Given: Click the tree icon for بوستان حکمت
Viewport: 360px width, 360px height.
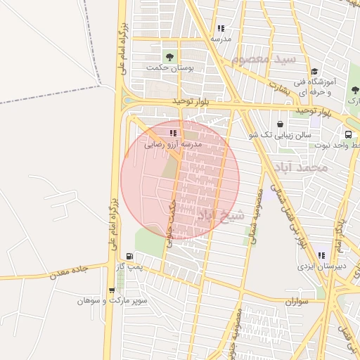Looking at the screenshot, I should coord(169,56).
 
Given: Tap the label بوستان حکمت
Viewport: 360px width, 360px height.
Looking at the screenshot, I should coord(169,68).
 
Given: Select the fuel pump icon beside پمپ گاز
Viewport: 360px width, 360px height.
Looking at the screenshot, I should coord(129,257).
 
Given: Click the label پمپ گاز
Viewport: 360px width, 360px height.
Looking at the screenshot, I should coord(129,267).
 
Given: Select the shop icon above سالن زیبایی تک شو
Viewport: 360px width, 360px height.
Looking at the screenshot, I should coord(280,124).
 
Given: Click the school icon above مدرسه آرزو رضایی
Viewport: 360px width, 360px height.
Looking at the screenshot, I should coord(173,132).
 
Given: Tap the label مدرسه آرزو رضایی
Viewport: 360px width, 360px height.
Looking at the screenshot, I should coord(173,143).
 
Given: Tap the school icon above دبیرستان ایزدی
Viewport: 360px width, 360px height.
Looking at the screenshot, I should coord(321,256).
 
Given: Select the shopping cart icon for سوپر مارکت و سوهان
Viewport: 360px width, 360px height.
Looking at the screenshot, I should coord(112,290).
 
